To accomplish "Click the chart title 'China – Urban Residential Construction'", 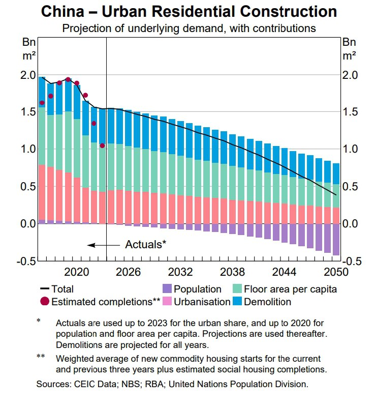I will pyautogui.click(x=189, y=11).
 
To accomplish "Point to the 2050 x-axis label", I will pyautogui.click(x=335, y=271).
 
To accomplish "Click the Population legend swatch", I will pyautogui.click(x=168, y=289).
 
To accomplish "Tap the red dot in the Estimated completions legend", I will pyautogui.click(x=45, y=302).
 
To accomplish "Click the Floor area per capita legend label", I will pyautogui.click(x=291, y=289).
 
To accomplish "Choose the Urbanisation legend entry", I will pyautogui.click(x=202, y=302).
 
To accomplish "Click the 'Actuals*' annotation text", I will pyautogui.click(x=146, y=244).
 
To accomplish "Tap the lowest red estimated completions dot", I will pyautogui.click(x=102, y=146).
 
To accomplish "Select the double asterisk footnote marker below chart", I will pyautogui.click(x=41, y=357).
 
